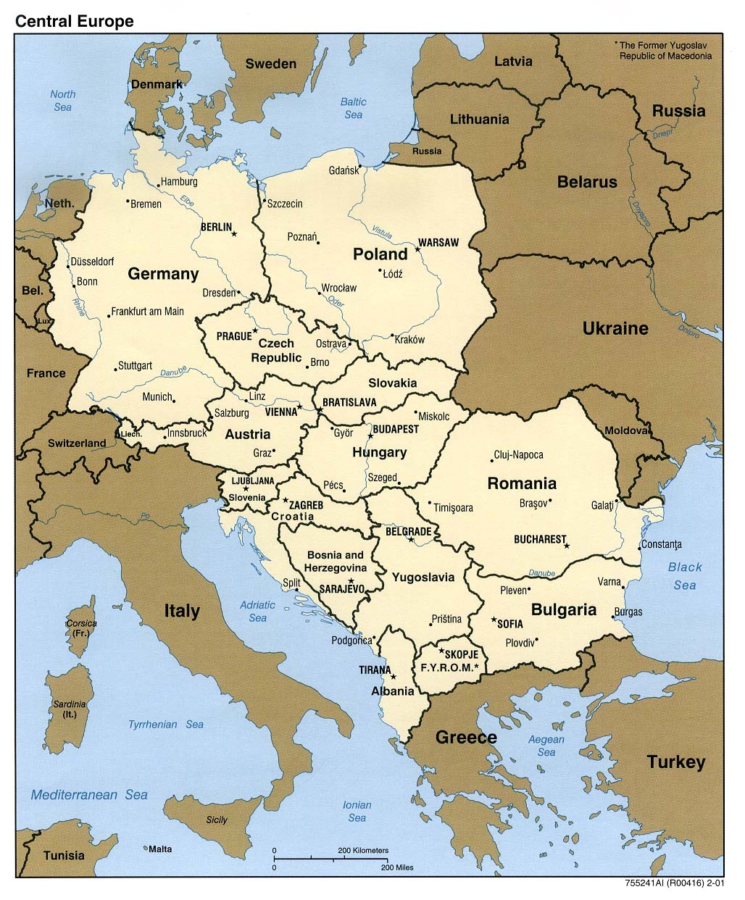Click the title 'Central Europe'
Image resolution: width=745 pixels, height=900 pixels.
[75, 21]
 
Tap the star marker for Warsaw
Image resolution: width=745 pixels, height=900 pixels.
[417, 250]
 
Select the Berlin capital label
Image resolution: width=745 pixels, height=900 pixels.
[216, 227]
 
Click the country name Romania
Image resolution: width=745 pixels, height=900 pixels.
[522, 483]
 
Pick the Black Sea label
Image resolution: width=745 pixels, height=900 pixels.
[685, 576]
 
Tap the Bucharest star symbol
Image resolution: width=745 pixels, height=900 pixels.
[567, 546]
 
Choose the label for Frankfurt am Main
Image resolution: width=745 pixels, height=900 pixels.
[148, 312]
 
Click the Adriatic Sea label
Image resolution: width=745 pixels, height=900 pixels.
[257, 611]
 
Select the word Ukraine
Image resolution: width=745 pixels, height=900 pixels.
[615, 328]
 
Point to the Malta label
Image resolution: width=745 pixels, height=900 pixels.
[160, 848]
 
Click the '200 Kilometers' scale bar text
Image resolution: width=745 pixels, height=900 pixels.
[363, 850]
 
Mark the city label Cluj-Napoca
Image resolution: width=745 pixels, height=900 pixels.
[518, 455]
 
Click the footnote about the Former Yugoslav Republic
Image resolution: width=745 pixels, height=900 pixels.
[663, 50]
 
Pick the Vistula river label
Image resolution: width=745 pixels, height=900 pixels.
[382, 232]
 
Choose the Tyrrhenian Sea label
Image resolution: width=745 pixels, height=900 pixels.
[166, 724]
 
